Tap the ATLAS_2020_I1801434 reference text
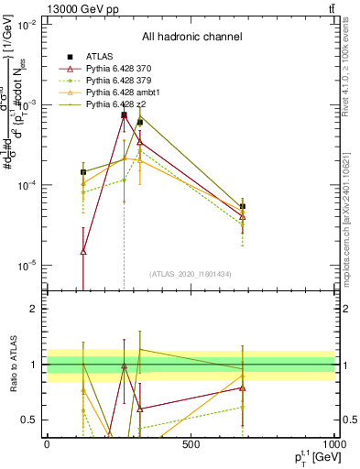tap(190, 274)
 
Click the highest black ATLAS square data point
tap(124, 115)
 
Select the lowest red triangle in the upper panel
tap(83, 251)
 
